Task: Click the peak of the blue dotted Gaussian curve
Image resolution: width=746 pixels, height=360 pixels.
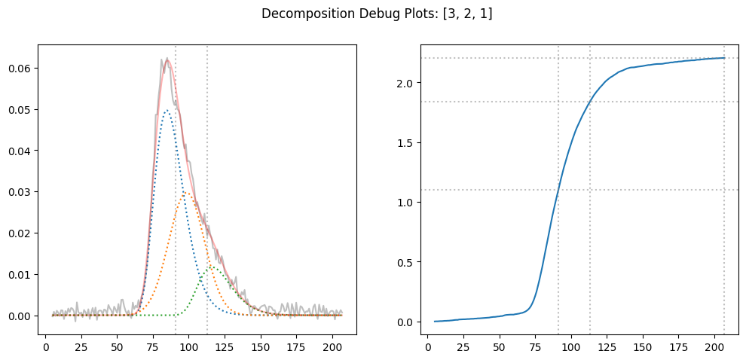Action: point(167,111)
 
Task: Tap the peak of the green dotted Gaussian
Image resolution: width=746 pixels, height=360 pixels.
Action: point(212,266)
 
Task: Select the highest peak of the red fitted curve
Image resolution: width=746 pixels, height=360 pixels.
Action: point(167,59)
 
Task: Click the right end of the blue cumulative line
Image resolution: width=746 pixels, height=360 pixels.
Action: point(724,58)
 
